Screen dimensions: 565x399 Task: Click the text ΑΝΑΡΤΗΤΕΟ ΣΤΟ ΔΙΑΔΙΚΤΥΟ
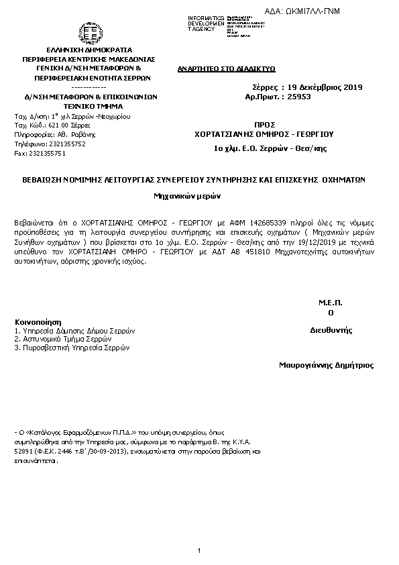point(218,68)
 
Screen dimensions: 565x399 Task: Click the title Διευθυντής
point(331,330)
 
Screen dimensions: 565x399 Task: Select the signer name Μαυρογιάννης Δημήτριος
point(326,366)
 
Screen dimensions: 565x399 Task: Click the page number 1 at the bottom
point(199,551)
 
